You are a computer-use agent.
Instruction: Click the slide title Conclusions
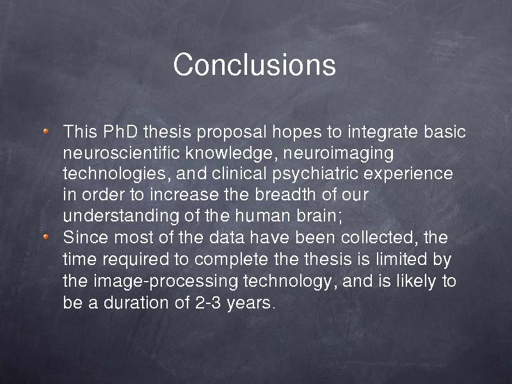pos(254,65)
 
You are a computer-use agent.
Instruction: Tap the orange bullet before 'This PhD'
pos(45,131)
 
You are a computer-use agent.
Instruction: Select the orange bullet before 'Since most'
pos(45,236)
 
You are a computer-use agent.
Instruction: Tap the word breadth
pos(285,195)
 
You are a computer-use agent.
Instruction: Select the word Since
pos(85,237)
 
